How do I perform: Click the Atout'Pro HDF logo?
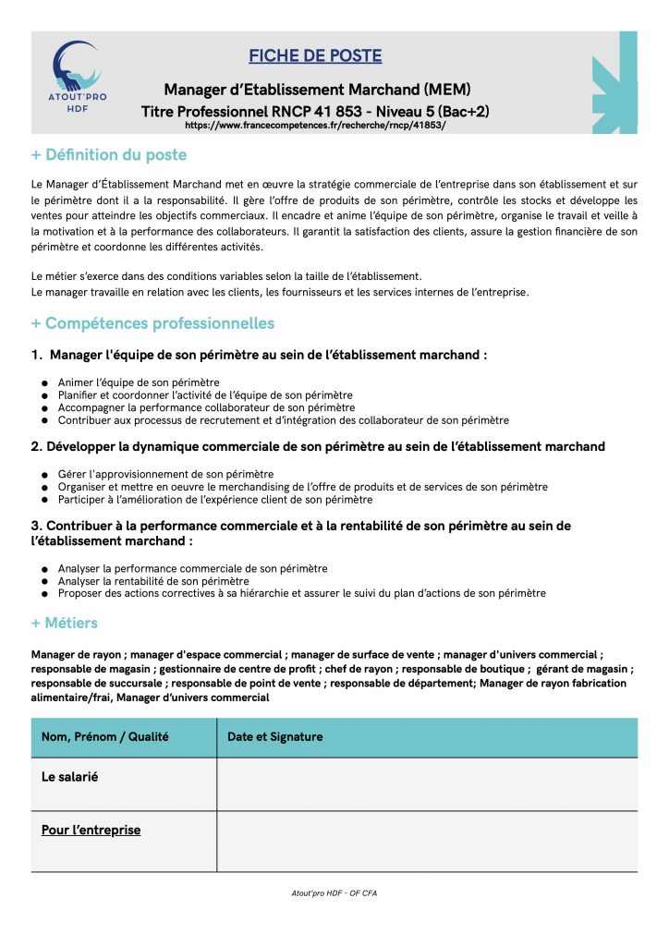(x=78, y=77)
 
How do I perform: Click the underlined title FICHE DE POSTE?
(x=315, y=56)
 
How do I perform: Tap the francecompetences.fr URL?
(x=315, y=125)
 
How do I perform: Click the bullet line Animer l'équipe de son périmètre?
(x=139, y=382)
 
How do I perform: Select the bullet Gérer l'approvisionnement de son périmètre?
(x=159, y=474)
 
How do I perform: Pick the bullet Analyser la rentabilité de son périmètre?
(x=153, y=581)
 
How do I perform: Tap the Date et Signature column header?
(x=275, y=736)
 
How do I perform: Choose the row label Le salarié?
(x=70, y=777)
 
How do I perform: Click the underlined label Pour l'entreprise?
(x=91, y=830)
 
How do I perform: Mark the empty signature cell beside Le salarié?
(x=426, y=783)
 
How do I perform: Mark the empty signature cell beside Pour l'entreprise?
(x=426, y=841)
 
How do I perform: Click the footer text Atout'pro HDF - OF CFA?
(x=334, y=893)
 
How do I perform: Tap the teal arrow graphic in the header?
(x=615, y=83)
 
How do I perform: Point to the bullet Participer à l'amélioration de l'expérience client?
(x=215, y=500)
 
